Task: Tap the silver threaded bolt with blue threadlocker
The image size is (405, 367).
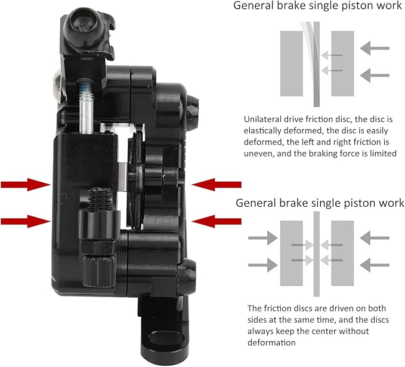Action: pos(86,106)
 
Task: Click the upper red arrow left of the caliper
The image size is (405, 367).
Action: pos(26,185)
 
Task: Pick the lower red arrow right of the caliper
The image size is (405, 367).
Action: pos(217,221)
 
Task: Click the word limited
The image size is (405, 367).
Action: pos(383,154)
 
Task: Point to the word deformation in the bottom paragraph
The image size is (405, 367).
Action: pos(271,342)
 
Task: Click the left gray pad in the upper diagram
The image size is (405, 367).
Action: pos(292,64)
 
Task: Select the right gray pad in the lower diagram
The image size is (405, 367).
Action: pos(342,253)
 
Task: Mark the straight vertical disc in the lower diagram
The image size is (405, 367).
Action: pos(316,254)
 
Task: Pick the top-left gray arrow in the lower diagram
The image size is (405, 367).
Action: pos(262,238)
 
